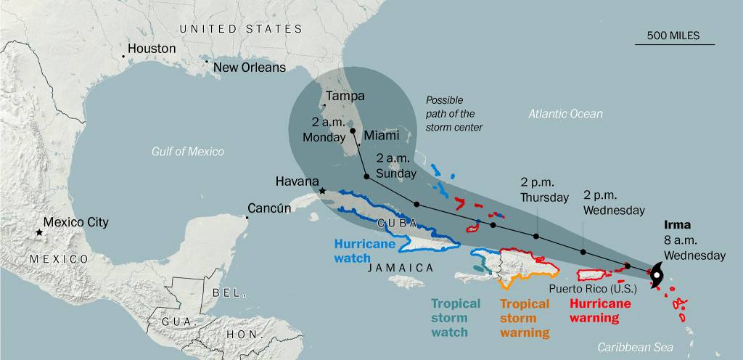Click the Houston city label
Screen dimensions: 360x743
[151, 49]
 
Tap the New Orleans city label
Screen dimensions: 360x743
[249, 67]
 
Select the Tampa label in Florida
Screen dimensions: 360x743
[345, 96]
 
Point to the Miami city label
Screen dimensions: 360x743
[382, 136]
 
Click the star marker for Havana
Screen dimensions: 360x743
[323, 192]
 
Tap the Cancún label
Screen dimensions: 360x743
[269, 208]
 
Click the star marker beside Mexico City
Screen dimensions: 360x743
[38, 232]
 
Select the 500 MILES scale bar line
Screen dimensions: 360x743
[674, 44]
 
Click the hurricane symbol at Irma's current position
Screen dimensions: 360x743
[656, 274]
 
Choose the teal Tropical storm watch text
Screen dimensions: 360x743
[456, 318]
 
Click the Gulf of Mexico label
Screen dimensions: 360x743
[188, 151]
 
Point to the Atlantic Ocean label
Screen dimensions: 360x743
[565, 114]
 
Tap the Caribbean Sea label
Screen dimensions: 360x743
[635, 348]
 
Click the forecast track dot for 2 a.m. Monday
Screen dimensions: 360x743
[353, 131]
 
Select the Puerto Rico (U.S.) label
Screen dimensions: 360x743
[584, 288]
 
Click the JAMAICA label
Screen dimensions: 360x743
[401, 268]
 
